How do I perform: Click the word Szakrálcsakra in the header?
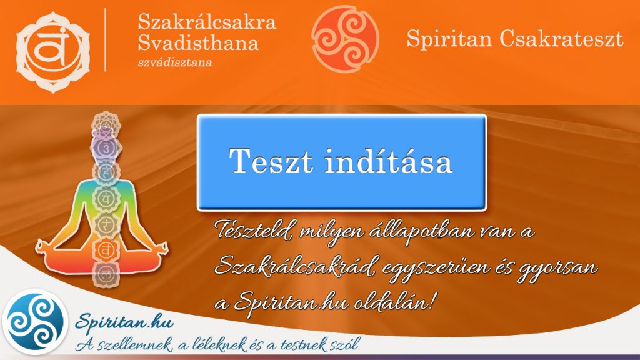[x=207, y=23]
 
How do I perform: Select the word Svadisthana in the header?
[x=198, y=44]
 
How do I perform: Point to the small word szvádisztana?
[x=175, y=62]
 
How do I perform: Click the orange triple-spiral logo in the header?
[x=346, y=36]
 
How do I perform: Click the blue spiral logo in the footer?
[x=34, y=323]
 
